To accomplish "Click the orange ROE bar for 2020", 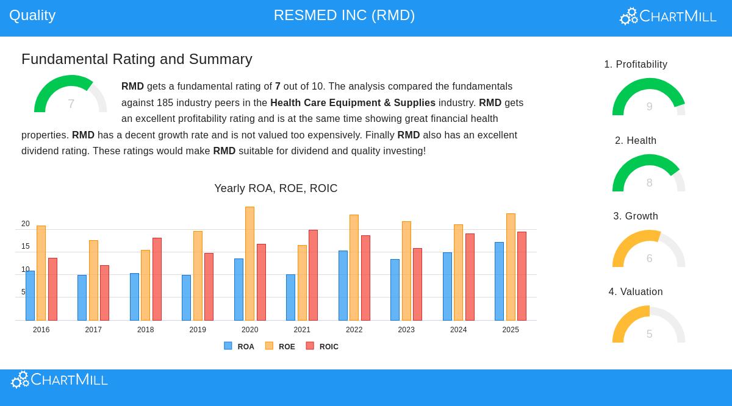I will [249, 263].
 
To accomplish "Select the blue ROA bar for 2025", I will [499, 281].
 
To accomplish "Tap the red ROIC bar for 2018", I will [157, 279].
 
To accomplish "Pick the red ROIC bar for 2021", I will [313, 275].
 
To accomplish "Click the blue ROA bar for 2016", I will [30, 296].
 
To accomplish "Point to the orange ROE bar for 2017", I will [93, 280].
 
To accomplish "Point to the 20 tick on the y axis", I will [26, 224].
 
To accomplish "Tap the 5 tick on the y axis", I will [24, 292].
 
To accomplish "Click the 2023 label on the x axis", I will [406, 330].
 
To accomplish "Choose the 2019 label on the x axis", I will [198, 330].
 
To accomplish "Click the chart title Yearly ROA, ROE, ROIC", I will [276, 188].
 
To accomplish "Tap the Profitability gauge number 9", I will [649, 107].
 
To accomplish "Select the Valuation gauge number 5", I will [649, 334].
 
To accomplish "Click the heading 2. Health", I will [636, 141].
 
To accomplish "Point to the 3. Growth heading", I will [636, 216].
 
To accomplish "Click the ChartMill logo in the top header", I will [668, 16].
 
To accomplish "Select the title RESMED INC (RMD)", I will [344, 15].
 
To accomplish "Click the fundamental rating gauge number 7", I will [71, 104].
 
